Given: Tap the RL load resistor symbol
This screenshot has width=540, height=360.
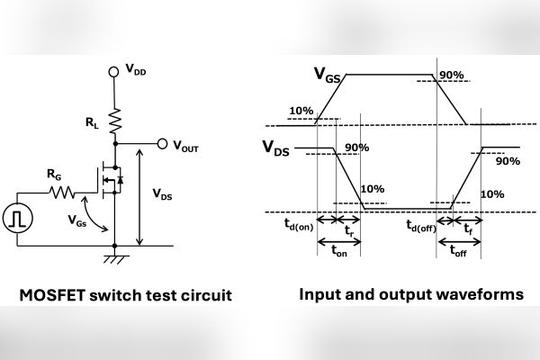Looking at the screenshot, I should click(x=115, y=118).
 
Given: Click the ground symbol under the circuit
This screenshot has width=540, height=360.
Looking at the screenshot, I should click(x=115, y=258).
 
